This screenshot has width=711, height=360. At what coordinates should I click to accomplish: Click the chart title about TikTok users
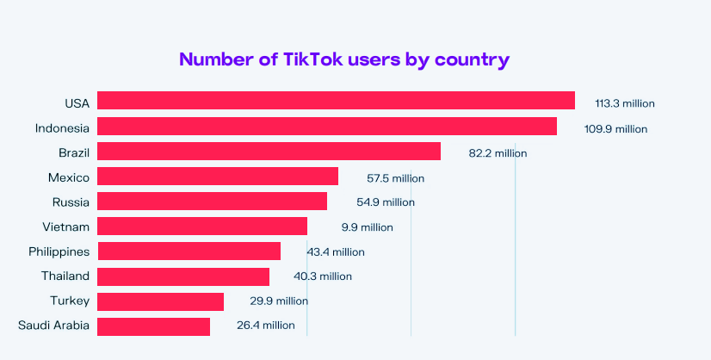point(344,59)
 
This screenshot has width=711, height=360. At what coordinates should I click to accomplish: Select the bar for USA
point(336,101)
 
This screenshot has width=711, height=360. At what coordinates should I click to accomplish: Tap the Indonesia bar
point(327,127)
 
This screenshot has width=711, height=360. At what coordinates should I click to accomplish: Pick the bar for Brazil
point(269,152)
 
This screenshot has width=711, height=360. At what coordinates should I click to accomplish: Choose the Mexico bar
point(218,177)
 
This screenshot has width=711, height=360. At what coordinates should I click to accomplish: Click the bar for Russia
point(212,202)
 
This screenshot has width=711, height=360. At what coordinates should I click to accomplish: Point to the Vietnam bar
point(202,227)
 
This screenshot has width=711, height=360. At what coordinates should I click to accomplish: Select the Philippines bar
point(189,251)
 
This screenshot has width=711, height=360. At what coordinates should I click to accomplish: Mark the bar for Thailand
point(183,276)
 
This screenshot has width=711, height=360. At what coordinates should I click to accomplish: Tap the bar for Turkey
point(160,301)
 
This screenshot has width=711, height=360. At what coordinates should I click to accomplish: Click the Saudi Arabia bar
point(153,326)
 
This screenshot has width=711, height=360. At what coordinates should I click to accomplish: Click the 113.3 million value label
point(625,103)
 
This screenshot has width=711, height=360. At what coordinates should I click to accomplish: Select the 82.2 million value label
point(498,153)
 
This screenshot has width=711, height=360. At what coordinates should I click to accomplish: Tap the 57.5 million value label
point(396,178)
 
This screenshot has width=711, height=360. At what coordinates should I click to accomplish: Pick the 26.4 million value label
point(266,326)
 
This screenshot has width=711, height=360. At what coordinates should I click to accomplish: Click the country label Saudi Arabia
point(53,326)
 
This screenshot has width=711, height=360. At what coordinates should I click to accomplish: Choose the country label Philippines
point(59,251)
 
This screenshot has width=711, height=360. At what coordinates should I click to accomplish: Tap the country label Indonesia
point(62,128)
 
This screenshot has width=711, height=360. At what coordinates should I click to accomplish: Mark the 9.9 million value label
point(367,227)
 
